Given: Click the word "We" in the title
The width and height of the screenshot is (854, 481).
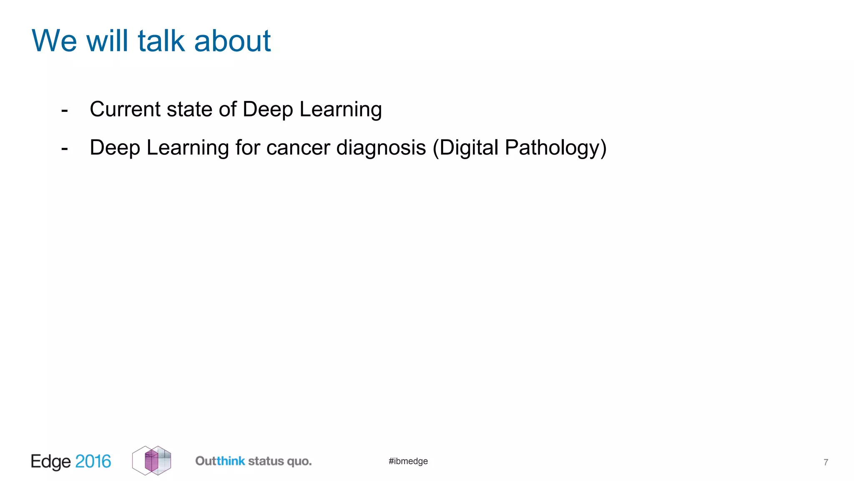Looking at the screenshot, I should pos(54,41).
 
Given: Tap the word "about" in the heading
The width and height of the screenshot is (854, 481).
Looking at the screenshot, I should pos(232,41).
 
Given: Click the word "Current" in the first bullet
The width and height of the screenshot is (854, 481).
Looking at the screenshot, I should pos(125,109).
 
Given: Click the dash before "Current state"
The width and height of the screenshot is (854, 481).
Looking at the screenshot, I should pos(64,111).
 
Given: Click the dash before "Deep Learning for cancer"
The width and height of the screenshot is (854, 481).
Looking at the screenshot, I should pos(64,149).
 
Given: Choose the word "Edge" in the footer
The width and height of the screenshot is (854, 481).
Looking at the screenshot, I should pos(51,462).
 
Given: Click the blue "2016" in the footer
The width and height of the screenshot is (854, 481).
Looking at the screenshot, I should pos(93,461).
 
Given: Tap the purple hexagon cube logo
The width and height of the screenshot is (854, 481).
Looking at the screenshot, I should pos(151,461).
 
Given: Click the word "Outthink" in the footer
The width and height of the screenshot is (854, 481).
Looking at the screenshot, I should pos(220,461).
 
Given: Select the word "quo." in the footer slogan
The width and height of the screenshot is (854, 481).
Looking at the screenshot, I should pos(299,461).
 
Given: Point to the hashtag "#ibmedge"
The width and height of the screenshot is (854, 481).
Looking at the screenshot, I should pos(408,461).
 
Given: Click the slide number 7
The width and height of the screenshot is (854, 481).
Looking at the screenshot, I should pos(826,462).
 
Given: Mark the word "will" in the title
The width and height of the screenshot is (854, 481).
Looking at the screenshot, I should pos(107,41).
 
